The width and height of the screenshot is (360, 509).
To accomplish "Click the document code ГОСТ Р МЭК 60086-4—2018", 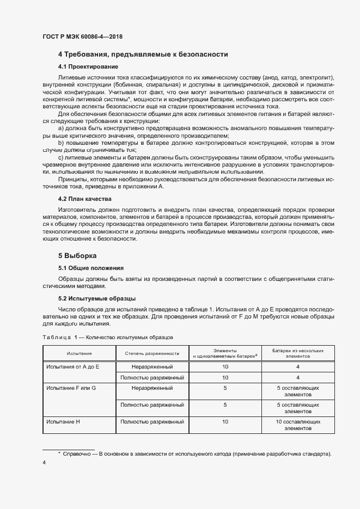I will [82, 36].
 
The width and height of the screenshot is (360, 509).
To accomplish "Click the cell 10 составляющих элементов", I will [298, 425].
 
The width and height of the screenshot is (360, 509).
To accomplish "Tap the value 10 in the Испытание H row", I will [225, 422].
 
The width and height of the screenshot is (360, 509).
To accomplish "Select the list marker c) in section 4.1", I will [61, 157].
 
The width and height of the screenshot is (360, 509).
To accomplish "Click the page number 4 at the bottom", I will [44, 463].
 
